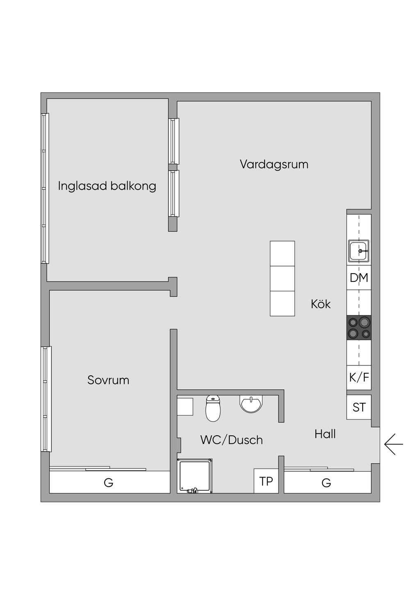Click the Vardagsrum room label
pos(274,164)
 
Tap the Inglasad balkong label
pos(107,186)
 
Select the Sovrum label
pos(108,380)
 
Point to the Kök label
pos(321,304)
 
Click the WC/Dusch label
pos(231,440)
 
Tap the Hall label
pos(325,434)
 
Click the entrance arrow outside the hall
pos(393,444)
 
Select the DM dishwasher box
pos(359,278)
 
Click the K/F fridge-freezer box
pos(359,377)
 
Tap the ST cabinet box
pos(359,407)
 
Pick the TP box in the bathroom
pos(266,481)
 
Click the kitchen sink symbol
pos(359,251)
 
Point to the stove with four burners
pos(359,328)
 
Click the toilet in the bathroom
pos(213,409)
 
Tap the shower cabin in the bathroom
pos(195,476)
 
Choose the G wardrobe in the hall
pos(327,482)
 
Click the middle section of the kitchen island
pos(282,279)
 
